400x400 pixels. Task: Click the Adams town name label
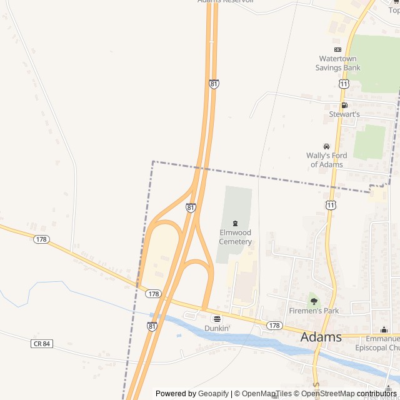coord(321,337)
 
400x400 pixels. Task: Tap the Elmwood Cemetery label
coord(236,237)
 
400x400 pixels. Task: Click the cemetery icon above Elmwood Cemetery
coord(236,224)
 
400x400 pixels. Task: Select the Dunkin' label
coord(217,328)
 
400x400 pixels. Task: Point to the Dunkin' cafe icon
coord(217,319)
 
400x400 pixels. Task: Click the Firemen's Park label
coord(314,311)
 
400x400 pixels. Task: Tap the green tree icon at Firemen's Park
coord(314,301)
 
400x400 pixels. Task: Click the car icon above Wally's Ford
coord(326,146)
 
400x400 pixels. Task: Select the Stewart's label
coord(344,114)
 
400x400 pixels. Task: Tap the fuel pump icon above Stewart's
coord(344,105)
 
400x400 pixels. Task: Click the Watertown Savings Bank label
coord(337,63)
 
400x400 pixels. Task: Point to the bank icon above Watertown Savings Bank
coord(337,49)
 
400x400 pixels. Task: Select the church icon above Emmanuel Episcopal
coord(384,330)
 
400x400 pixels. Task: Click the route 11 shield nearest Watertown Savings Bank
coord(344,84)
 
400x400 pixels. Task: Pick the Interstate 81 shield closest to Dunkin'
coord(152,326)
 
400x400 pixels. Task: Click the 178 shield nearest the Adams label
coord(274,326)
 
